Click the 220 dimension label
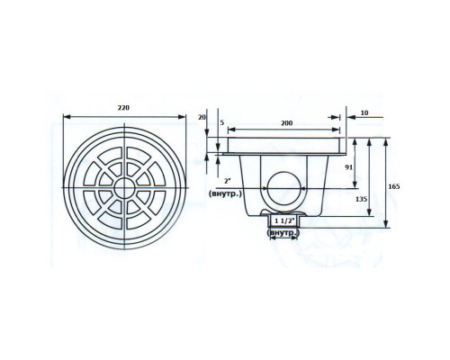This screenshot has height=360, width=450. pyautogui.click(x=123, y=108)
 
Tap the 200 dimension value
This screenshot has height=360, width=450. pyautogui.click(x=286, y=123)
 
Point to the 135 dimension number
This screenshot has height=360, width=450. pyautogui.click(x=361, y=199)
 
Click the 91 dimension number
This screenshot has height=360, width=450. pyautogui.click(x=348, y=167)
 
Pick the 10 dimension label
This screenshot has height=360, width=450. pyautogui.click(x=364, y=113)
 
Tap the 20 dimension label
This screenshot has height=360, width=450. pyautogui.click(x=202, y=117)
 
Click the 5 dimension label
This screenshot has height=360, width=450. pyautogui.click(x=222, y=123)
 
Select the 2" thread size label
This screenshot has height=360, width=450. pyautogui.click(x=227, y=181)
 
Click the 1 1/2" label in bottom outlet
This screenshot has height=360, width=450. pyautogui.click(x=283, y=221)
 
